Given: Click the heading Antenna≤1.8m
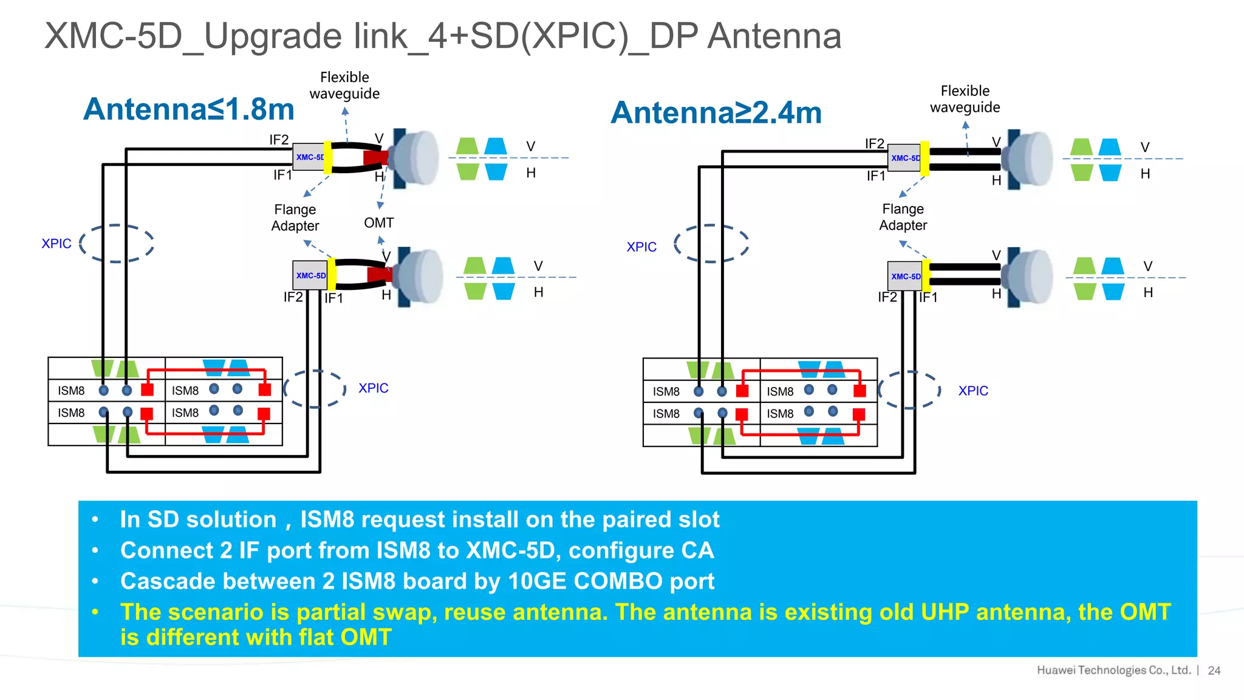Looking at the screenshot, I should (188, 109).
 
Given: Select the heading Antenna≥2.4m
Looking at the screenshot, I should (716, 113).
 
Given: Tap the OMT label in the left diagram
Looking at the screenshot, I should (378, 223).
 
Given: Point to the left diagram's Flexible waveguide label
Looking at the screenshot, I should (344, 86).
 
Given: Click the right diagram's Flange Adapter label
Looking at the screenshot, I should (903, 217).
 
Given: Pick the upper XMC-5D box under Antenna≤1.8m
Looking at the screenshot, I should (309, 157).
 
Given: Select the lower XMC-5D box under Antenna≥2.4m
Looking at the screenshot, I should (905, 276).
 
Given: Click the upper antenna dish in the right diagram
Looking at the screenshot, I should (1030, 158).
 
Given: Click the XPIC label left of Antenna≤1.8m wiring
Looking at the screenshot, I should (56, 244).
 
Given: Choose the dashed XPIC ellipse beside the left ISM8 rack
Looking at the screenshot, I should (315, 388).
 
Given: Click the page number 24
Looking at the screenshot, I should (1214, 670).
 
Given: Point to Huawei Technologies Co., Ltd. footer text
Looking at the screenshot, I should (1113, 670).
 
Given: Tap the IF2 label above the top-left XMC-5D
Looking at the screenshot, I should (279, 140).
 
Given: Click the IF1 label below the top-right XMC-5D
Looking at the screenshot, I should (875, 176).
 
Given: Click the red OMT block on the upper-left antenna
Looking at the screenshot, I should (375, 159).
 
